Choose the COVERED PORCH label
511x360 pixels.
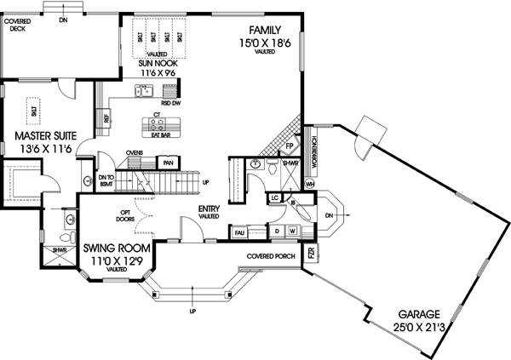tap(270, 255)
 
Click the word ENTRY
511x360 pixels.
tap(210, 209)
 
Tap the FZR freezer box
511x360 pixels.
tap(312, 254)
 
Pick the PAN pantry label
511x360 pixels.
tap(169, 162)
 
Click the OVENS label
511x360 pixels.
tap(135, 153)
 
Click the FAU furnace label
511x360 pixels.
tap(239, 231)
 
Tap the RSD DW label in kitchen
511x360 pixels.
tap(170, 103)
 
